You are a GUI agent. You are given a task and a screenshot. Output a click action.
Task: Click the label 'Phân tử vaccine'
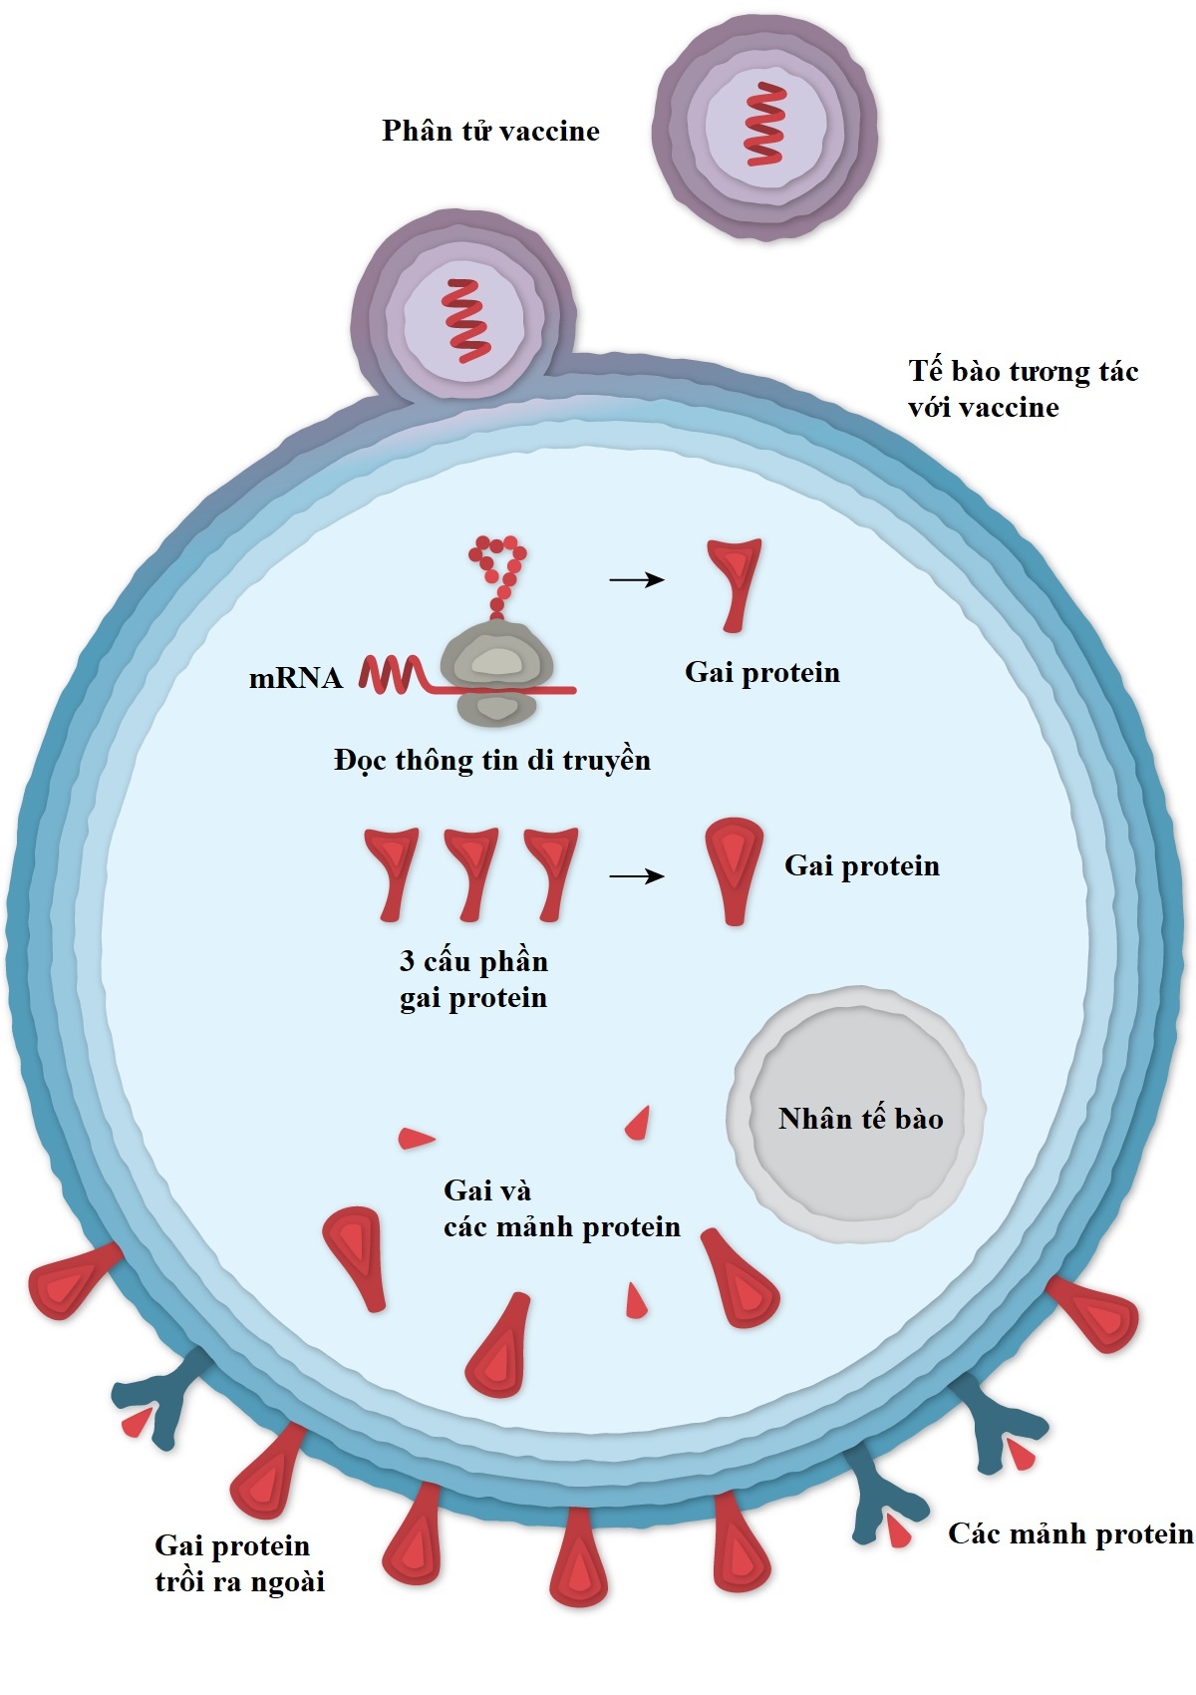[490, 132]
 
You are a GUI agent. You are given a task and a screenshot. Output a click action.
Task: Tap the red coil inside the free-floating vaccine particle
[765, 125]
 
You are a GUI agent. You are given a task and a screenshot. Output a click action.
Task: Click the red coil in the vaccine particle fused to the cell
[466, 320]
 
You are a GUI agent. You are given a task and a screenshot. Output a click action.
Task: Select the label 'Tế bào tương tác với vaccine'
[1022, 389]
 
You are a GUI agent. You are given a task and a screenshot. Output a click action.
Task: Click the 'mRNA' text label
[295, 679]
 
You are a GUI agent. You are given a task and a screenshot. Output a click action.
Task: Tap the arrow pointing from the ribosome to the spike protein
[637, 579]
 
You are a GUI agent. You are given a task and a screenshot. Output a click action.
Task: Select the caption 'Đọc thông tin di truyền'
[492, 761]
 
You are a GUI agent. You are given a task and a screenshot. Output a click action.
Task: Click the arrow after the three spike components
[637, 876]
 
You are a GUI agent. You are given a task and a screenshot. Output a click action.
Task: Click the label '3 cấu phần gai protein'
[473, 979]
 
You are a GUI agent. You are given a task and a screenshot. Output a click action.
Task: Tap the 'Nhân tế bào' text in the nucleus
[860, 1119]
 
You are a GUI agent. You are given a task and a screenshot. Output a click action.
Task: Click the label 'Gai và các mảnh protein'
[560, 1208]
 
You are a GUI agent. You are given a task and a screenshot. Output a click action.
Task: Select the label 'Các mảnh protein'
[1069, 1533]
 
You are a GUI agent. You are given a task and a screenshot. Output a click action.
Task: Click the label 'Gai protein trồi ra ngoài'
[239, 1563]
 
